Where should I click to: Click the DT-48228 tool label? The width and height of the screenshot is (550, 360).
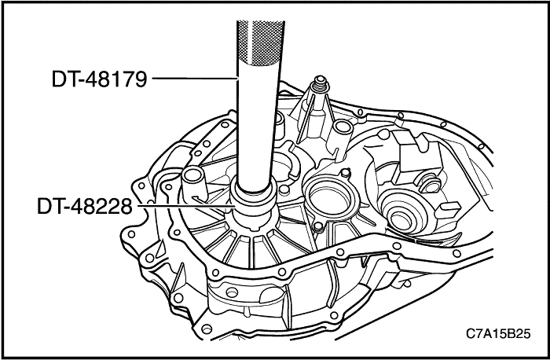pyautogui.click(x=85, y=207)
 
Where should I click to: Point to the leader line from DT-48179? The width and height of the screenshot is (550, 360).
pyautogui.click(x=193, y=79)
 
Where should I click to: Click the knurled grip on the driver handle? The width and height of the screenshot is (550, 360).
pyautogui.click(x=257, y=35)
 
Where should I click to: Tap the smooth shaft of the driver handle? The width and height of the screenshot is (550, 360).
pyautogui.click(x=257, y=126)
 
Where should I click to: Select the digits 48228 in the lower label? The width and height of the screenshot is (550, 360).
pyautogui.click(x=104, y=207)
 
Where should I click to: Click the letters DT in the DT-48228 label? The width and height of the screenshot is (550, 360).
pyautogui.click(x=49, y=207)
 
